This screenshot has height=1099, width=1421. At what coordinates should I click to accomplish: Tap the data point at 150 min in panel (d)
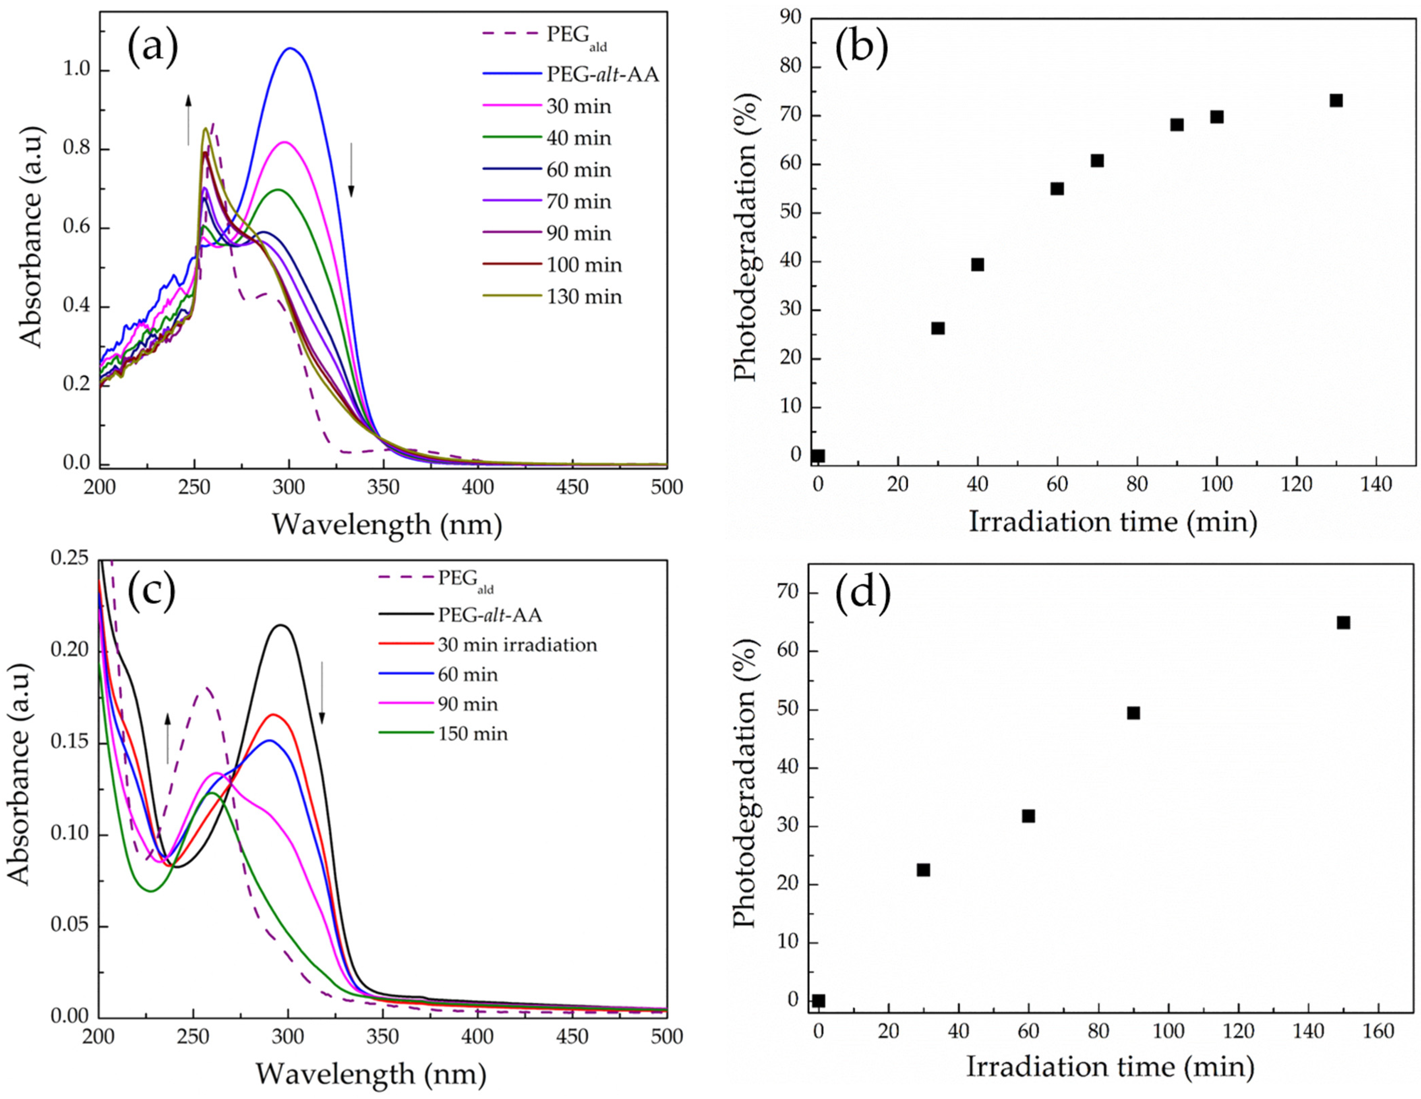[1343, 623]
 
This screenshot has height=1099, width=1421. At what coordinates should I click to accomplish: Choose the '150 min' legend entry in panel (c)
[472, 734]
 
